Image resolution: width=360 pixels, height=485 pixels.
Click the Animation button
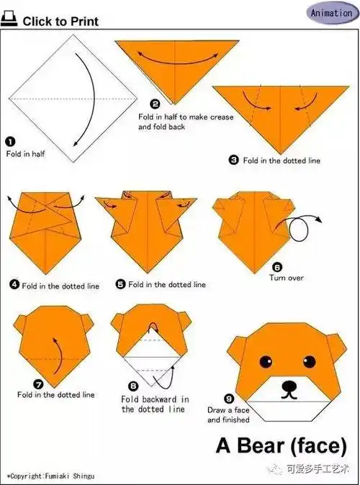[332, 13]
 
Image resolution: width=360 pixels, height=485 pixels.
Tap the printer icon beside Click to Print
[9, 19]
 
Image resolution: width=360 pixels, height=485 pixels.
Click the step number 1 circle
[10, 142]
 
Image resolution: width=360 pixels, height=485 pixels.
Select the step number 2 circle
[155, 104]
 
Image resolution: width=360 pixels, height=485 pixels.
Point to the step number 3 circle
[234, 160]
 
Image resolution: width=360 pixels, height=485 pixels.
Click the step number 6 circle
[277, 267]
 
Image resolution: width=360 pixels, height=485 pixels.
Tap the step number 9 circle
[229, 399]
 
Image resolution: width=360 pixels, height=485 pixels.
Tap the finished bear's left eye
[266, 361]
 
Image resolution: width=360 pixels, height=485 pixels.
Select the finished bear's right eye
[309, 361]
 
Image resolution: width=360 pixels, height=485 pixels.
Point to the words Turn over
[287, 278]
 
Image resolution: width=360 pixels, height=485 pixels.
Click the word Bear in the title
[261, 445]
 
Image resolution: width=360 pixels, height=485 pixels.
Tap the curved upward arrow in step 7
[60, 355]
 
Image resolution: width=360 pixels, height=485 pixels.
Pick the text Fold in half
[26, 154]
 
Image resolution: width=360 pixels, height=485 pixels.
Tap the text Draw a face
[228, 410]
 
